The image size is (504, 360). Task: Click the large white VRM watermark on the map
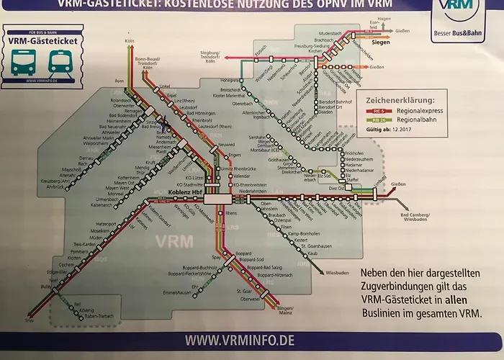(158, 241)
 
